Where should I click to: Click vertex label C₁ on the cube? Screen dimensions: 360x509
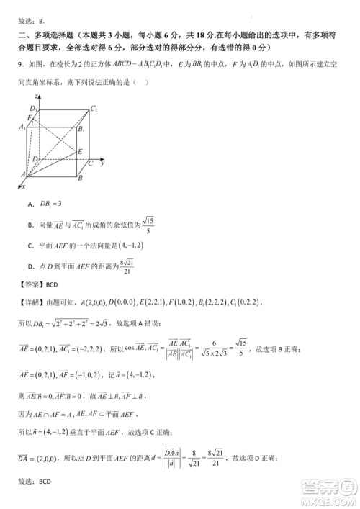(94, 109)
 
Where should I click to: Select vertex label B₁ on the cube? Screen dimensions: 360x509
(81, 130)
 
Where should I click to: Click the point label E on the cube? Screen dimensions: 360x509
(81, 152)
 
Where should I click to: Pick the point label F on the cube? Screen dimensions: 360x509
(30, 117)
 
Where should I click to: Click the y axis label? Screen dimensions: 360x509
(104, 164)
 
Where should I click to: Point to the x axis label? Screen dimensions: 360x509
(22, 186)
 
